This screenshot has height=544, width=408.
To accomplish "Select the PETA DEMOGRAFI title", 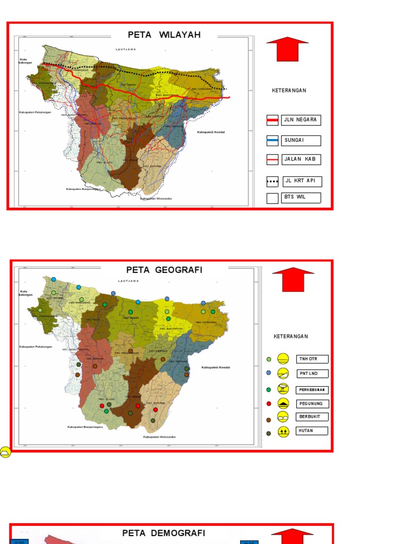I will pos(164,533).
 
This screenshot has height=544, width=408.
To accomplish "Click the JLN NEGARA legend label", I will pos(301,120).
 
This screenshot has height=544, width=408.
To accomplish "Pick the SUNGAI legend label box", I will pos(301,140).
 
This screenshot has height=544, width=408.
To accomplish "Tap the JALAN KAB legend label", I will pos(301,159).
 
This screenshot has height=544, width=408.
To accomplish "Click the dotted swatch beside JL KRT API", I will pos(273,182).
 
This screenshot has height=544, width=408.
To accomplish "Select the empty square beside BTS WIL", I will pos(273,199).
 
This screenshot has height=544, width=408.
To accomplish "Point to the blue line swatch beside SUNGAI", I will pos(273,141).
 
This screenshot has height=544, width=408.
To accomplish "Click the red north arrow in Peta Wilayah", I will pos(287,49).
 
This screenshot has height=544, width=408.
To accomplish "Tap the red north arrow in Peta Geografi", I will pos(293,280).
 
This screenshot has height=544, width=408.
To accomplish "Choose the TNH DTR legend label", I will pos(312,359).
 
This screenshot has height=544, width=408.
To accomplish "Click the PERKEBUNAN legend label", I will pos(312,389).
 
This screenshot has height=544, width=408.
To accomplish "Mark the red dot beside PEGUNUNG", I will pos(269,404).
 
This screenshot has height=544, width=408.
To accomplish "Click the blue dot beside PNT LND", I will pos(269,373).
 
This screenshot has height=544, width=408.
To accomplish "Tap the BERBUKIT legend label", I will pos(312,417).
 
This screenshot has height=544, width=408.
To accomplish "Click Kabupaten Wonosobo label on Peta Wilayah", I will pos(156,199).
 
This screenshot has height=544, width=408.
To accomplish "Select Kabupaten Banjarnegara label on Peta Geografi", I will pos(84,427).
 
